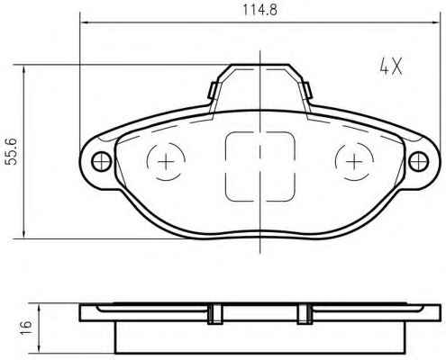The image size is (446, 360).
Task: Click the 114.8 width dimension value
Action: pyautogui.click(x=259, y=11)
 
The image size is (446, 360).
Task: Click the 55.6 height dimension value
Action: pyautogui.click(x=13, y=151)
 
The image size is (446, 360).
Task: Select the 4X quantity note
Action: pyautogui.click(x=390, y=67)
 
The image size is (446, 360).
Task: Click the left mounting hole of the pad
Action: pyautogui.click(x=102, y=162)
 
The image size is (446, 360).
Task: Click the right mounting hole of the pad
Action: pyautogui.click(x=419, y=162)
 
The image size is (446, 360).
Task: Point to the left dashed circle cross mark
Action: pyautogui.click(x=166, y=162)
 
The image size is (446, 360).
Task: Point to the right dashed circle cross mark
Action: pyautogui.click(x=354, y=162)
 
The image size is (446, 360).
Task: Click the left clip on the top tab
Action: pyautogui.click(x=212, y=90)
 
